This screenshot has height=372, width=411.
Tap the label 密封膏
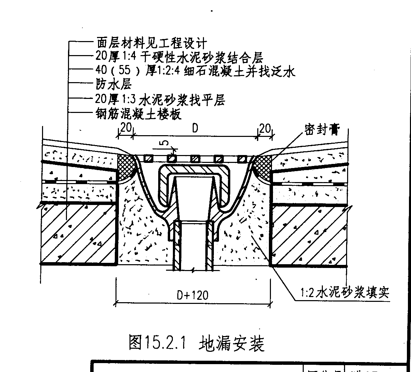[x=321, y=130]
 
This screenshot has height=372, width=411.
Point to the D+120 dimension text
[x=192, y=295]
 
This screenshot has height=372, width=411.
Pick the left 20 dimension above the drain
[x=126, y=128]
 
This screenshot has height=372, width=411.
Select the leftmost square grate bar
[x=148, y=158]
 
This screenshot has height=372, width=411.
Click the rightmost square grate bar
[x=242, y=158]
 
